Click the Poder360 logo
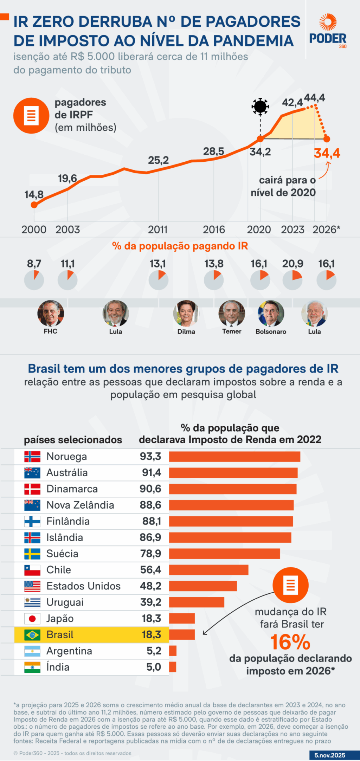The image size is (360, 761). point(328,31)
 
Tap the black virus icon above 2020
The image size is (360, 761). point(260,106)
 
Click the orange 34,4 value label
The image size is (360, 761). point(327,153)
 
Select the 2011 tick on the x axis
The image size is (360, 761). point(158,230)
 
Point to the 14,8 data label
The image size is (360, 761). point(34,194)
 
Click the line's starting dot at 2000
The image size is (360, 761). point(34,205)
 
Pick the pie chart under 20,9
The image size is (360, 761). point(292,280)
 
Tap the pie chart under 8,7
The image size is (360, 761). point(34,280)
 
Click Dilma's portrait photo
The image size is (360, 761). point(186,313)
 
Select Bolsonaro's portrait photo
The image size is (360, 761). point(271,313)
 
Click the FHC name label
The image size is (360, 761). point(51,331)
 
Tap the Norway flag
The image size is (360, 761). point(32,457)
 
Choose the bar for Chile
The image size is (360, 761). point(208,570)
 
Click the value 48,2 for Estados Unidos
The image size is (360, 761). point(150,586)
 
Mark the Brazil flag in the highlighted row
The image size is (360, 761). point(32,635)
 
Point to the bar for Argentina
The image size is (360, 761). point(173,651)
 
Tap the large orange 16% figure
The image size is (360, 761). point(290,642)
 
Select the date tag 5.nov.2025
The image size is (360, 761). point(330,755)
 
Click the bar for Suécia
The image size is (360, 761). point(224,554)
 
